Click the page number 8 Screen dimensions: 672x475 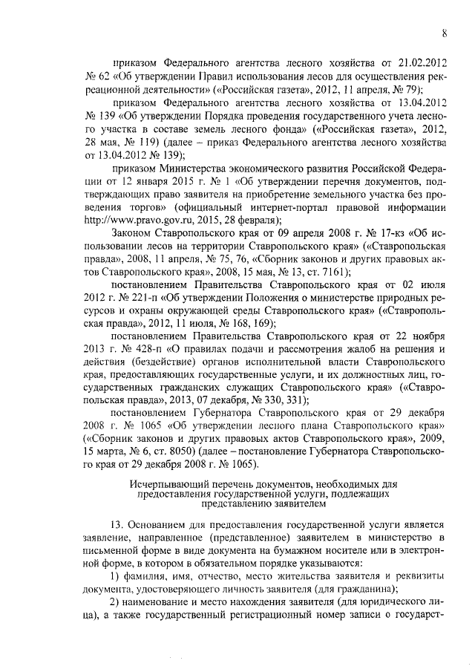tap(443, 32)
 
